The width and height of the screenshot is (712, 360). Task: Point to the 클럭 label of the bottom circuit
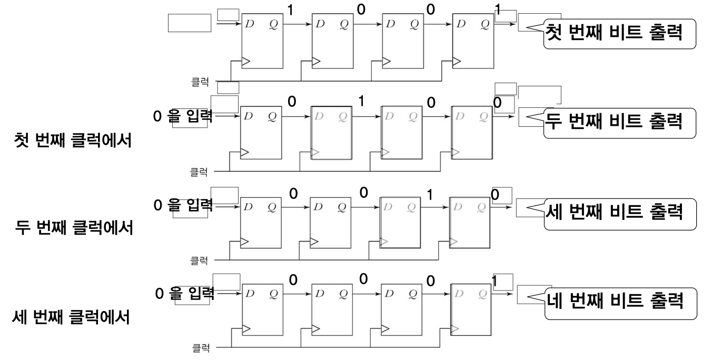click(201, 349)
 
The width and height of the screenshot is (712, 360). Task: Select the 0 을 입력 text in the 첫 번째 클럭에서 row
click(183, 117)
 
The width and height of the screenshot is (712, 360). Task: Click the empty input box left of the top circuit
click(189, 23)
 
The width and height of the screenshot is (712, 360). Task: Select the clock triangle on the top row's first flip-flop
click(246, 62)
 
